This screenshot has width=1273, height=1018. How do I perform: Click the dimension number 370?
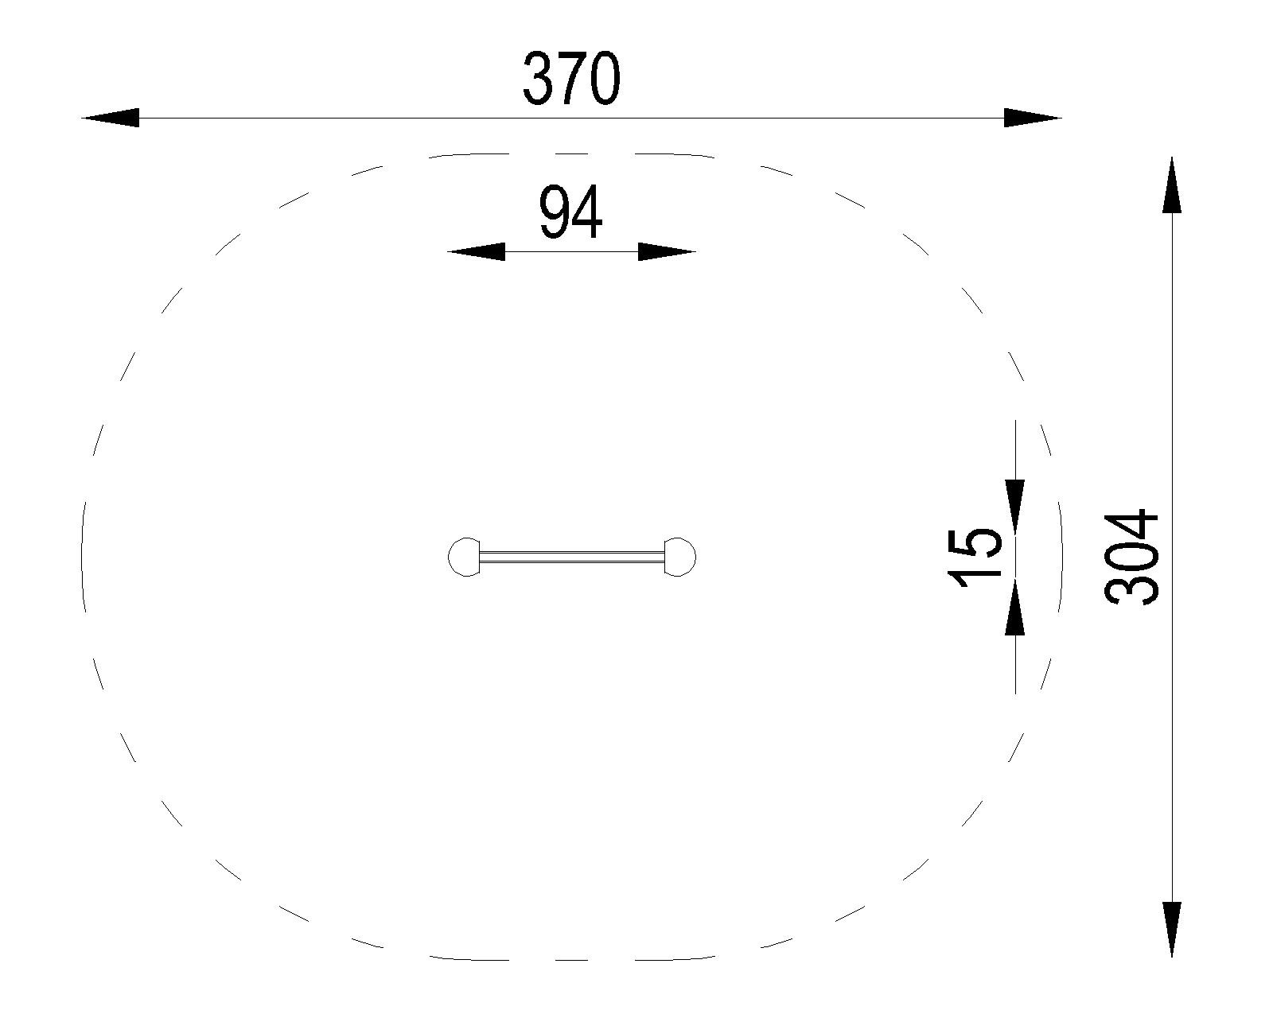(x=571, y=79)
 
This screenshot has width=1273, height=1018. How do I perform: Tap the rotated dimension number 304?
(x=1131, y=558)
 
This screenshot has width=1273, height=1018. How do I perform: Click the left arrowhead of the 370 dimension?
(x=110, y=118)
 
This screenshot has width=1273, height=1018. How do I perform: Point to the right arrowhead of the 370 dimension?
(x=1033, y=118)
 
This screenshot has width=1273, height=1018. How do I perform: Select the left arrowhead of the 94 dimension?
(x=477, y=251)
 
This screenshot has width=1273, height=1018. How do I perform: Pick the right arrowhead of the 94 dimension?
(x=667, y=251)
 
